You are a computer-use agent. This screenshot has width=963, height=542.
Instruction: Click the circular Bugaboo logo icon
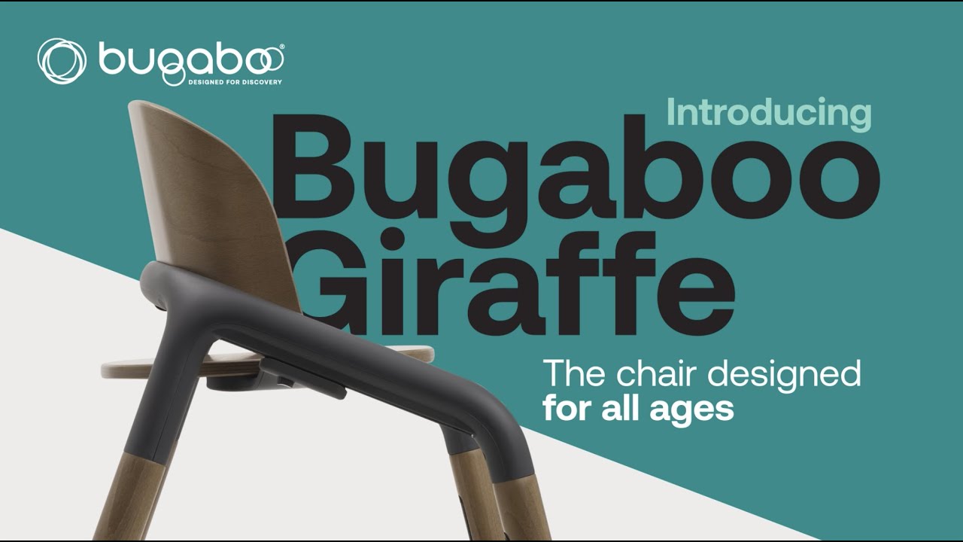62,61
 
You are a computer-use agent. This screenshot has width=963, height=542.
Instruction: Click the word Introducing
769,114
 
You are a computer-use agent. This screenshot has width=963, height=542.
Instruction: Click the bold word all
622,409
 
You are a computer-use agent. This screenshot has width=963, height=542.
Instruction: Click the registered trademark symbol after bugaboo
281,47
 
